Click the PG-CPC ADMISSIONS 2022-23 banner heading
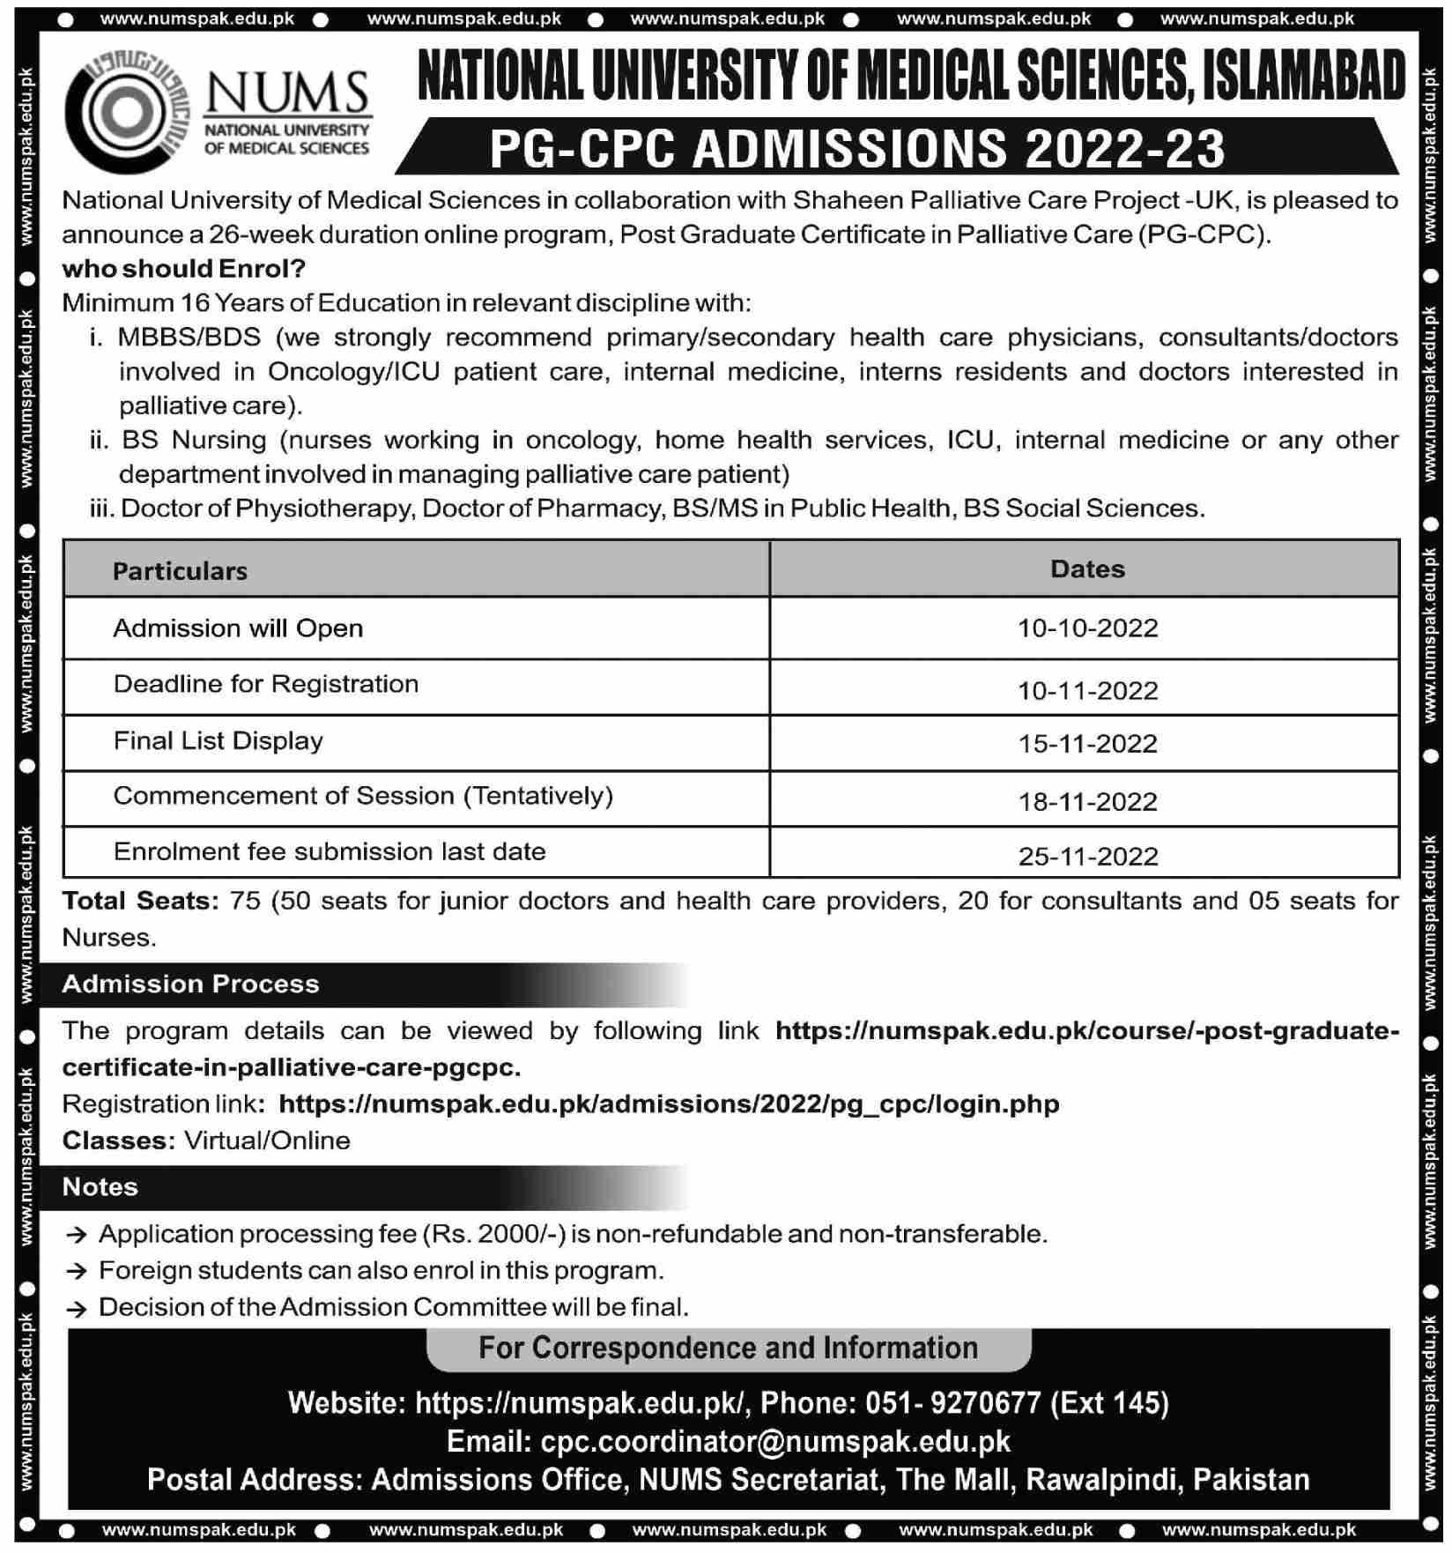tap(856, 148)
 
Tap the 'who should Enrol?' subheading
tap(183, 268)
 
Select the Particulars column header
tap(180, 571)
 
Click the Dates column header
tap(1087, 569)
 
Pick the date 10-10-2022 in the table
tap(1087, 628)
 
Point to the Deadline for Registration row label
tap(266, 684)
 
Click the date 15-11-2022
tap(1087, 744)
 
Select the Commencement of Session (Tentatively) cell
tap(363, 796)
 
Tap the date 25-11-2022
tap(1087, 857)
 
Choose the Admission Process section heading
tap(190, 985)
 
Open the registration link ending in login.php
tap(669, 1104)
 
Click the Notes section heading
tap(100, 1187)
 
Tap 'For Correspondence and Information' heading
tap(728, 1348)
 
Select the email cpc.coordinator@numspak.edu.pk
tap(775, 1441)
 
